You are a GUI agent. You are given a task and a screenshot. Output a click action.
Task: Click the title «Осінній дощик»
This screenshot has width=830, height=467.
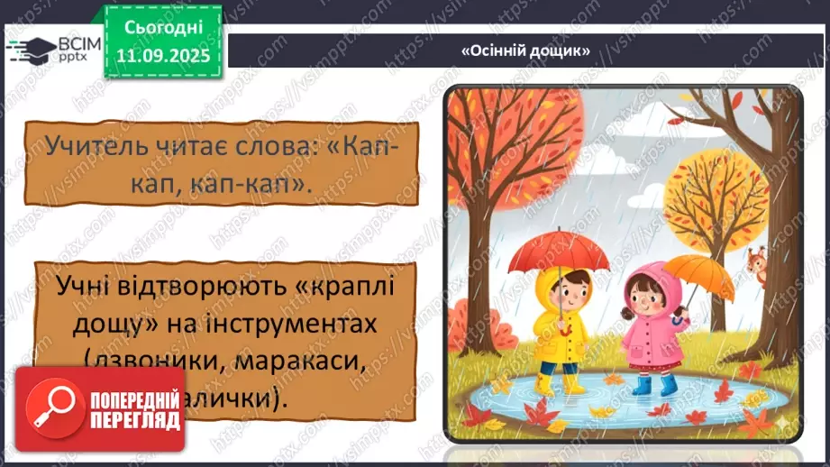pyautogui.click(x=525, y=51)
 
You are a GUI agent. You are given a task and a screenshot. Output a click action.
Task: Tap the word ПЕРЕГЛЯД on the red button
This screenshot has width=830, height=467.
pyautogui.click(x=126, y=421)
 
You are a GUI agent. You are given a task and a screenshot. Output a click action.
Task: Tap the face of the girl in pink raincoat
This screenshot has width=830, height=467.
pyautogui.click(x=650, y=298)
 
